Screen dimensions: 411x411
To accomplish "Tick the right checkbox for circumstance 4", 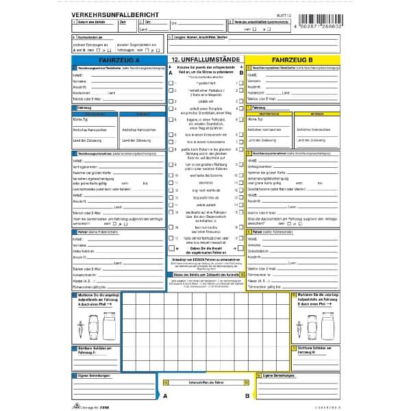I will point(240,108).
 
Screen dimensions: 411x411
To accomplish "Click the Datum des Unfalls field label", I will point(90,23).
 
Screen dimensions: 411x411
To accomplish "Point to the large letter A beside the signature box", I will point(164,395).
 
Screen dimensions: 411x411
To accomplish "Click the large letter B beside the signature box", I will point(247,395).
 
